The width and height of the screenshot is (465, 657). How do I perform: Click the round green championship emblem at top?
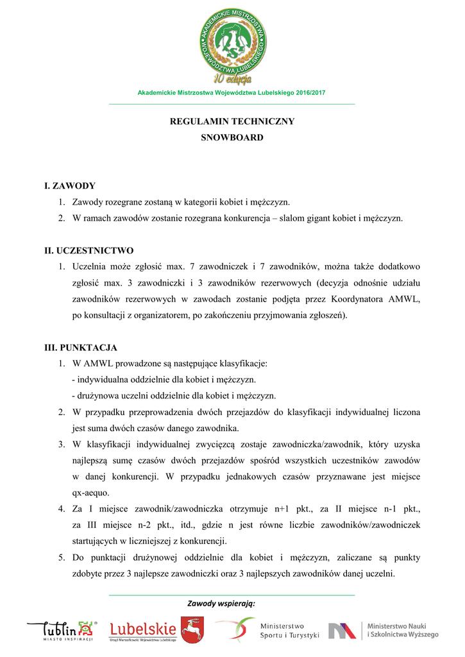click(232, 42)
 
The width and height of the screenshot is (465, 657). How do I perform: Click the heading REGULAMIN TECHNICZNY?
click(232, 121)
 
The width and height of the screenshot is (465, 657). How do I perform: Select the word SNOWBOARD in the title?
click(232, 137)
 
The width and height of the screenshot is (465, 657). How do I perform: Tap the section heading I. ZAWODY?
click(69, 186)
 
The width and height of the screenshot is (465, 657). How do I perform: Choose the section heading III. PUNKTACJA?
click(80, 347)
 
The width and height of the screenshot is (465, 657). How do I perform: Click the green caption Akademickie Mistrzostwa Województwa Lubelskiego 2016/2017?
click(232, 93)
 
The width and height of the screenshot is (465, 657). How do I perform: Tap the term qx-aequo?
click(90, 493)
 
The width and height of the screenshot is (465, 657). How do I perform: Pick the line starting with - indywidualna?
click(164, 380)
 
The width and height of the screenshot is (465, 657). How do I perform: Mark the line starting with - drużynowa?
click(173, 396)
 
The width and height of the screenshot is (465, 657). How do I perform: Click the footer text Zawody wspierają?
click(221, 604)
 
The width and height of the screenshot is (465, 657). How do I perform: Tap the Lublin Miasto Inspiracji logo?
click(62, 631)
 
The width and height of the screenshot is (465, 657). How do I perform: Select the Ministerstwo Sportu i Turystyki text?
click(289, 631)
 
